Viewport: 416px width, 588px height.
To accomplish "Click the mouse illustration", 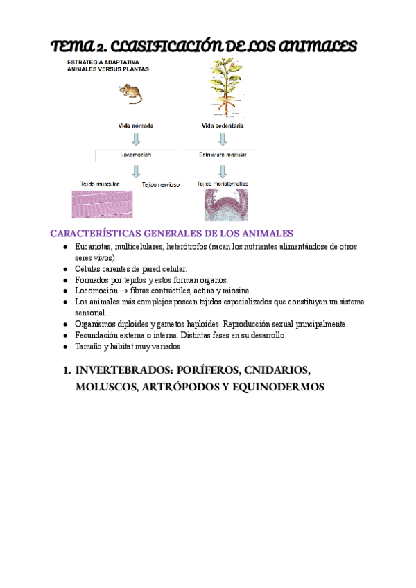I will click(130, 93).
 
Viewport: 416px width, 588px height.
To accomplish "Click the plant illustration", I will click(223, 87).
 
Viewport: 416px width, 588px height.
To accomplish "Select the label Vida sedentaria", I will click(223, 126).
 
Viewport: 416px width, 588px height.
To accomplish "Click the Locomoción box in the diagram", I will click(136, 155).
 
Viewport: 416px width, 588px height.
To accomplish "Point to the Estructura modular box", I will click(223, 155).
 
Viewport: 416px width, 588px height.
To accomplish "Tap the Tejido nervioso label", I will click(161, 184).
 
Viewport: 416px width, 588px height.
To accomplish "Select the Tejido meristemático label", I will click(223, 184).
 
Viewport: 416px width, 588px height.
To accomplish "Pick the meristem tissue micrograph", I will click(222, 205).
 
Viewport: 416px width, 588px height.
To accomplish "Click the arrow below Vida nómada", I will click(136, 140).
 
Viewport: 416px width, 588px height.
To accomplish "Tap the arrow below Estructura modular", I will click(223, 170).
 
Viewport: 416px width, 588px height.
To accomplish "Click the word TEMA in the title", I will click(73, 46).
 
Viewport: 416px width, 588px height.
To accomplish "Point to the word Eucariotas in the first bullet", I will click(94, 246).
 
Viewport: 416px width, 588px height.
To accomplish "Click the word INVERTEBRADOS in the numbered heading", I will click(123, 370).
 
